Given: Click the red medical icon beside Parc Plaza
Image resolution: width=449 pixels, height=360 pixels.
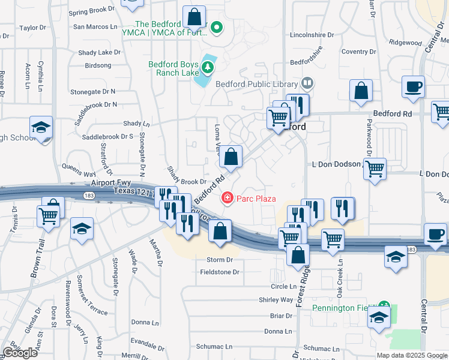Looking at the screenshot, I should tap(228, 197).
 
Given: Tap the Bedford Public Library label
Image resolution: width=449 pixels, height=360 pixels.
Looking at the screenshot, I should tap(256, 84).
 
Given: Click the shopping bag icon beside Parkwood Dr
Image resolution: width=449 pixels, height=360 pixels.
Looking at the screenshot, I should tap(361, 92).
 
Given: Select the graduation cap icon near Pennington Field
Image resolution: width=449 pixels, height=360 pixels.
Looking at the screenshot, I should tap(379, 318).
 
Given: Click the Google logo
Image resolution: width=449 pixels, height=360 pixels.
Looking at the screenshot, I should tap(20, 353).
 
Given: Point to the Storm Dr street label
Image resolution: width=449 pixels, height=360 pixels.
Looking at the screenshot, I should tap(219, 260).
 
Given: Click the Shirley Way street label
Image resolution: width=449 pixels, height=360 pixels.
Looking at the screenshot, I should tap(276, 299).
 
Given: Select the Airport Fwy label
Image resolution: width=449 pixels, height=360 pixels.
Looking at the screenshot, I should tap(112, 182).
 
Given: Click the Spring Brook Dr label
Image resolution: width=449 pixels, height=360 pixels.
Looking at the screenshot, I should tap(91, 11).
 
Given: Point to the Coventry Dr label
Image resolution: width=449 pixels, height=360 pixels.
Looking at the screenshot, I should tap(358, 52).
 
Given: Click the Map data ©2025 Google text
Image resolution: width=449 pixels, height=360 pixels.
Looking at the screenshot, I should tap(411, 355).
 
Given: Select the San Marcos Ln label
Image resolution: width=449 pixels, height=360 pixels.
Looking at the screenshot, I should tap(95, 26).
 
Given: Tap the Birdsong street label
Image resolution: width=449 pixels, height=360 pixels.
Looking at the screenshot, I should tap(98, 65).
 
